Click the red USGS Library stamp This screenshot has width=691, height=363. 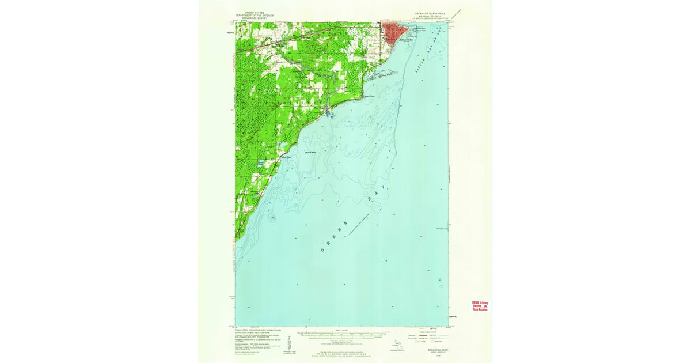(x=480, y=306)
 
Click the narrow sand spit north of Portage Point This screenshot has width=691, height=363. (x=380, y=75)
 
